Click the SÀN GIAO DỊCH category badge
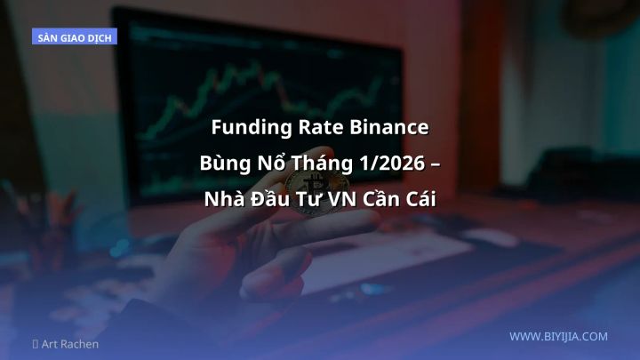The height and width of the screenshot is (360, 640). coord(75,38)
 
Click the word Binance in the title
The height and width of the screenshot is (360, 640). coord(389,128)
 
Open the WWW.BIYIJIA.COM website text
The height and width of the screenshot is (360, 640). coord(558,337)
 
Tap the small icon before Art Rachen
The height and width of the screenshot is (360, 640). coord(36,344)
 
